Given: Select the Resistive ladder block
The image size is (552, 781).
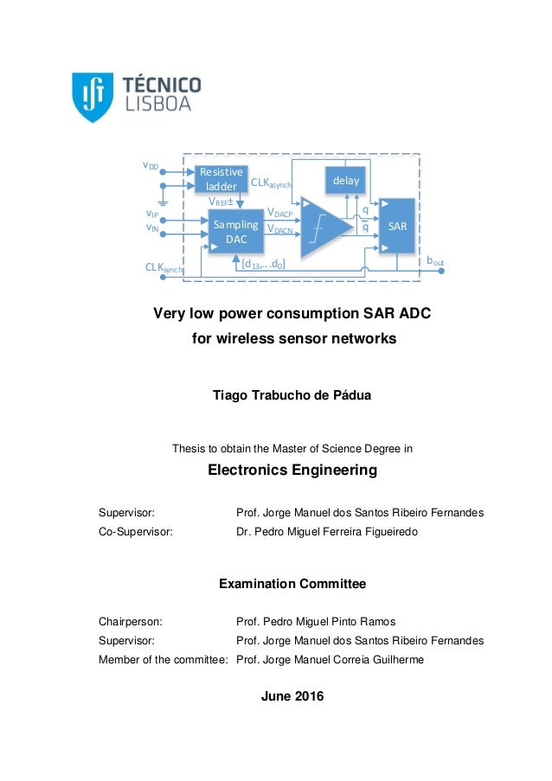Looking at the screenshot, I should [221, 179].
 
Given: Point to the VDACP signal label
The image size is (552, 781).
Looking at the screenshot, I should [280, 212].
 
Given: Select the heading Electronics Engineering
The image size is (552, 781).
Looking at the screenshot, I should [292, 471].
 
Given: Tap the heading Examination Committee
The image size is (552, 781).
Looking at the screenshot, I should [292, 584].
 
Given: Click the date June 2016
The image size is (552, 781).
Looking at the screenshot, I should [292, 696].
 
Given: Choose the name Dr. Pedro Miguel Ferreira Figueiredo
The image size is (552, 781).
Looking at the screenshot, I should [326, 532].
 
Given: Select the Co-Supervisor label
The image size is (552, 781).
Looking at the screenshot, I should [135, 532].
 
